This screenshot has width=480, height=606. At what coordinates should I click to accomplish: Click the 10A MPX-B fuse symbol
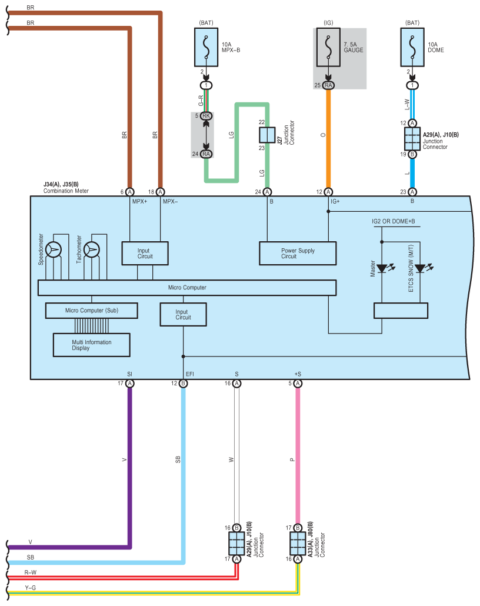click(x=206, y=47)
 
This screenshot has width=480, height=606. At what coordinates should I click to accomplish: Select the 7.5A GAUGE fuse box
click(x=328, y=47)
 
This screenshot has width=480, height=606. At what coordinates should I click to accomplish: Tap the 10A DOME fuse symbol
click(x=412, y=47)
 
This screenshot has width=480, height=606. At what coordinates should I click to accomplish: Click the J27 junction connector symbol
click(x=267, y=135)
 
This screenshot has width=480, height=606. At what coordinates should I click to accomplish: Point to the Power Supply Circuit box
click(x=298, y=253)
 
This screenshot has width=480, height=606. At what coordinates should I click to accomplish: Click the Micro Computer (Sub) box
click(x=92, y=310)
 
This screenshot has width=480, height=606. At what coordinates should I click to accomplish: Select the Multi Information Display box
click(x=92, y=345)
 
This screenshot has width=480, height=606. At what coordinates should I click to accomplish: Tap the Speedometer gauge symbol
click(x=54, y=249)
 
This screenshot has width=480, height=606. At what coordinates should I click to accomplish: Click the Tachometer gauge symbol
click(x=92, y=249)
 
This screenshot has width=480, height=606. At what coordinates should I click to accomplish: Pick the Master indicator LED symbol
click(x=382, y=268)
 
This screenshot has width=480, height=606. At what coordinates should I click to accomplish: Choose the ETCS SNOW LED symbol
click(x=421, y=268)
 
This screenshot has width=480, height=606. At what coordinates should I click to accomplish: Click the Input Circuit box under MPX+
click(x=145, y=253)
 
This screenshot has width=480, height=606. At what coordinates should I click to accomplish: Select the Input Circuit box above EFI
click(x=183, y=314)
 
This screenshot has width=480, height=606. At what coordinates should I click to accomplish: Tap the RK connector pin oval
click(x=206, y=115)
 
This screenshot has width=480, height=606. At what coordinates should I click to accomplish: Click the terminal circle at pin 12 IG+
click(x=328, y=192)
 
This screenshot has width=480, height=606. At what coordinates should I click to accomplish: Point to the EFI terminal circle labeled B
click(x=183, y=384)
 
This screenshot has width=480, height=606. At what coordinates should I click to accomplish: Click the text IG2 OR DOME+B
click(x=394, y=221)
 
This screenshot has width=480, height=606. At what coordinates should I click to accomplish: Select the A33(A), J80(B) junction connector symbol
click(x=298, y=543)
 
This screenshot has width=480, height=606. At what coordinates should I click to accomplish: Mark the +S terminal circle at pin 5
click(x=298, y=384)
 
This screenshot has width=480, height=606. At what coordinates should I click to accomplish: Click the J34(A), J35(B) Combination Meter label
click(x=66, y=188)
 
